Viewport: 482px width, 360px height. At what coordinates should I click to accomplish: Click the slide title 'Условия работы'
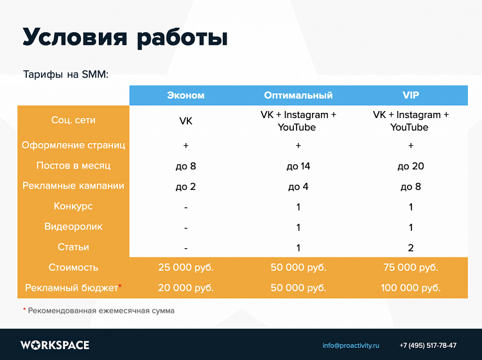point(125,37)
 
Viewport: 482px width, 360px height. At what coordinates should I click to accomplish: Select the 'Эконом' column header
point(185,95)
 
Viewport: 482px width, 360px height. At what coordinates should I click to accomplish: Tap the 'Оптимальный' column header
point(298,95)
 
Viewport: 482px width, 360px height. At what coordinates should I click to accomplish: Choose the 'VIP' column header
point(411,95)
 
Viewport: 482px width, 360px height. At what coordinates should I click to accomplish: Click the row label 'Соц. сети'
point(73,120)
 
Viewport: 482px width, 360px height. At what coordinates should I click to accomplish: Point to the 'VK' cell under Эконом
point(185,121)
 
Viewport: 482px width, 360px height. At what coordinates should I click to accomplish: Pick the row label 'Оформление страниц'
point(73,145)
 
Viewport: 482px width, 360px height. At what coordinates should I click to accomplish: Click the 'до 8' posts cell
point(185,166)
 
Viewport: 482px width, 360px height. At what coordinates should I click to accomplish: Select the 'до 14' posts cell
point(298,166)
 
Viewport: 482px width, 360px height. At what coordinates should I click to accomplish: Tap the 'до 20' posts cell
point(411,166)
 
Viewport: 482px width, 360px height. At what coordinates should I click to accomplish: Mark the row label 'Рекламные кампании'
point(73,186)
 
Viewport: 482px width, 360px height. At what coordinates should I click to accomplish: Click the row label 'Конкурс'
point(73,206)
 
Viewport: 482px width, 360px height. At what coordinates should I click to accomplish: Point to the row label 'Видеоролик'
point(73,227)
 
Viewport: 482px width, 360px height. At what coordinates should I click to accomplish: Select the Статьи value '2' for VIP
point(411,248)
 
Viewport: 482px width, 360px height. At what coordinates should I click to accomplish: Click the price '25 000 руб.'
point(185,268)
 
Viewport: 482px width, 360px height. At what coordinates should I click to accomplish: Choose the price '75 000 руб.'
point(411,268)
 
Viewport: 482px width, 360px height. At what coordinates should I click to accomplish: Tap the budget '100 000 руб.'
point(411,288)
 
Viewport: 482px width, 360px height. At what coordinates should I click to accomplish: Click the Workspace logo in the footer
point(55,345)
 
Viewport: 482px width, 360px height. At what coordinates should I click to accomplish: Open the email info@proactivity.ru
point(350,345)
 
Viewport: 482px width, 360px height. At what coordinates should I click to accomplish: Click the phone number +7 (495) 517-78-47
point(427,345)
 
